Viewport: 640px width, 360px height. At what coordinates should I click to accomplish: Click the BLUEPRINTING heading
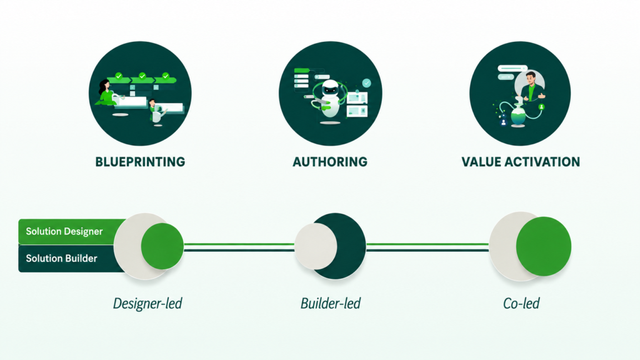tap(140, 162)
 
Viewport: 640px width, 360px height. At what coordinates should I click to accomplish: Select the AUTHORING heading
tap(330, 162)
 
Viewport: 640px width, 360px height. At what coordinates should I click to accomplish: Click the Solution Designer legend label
tap(64, 231)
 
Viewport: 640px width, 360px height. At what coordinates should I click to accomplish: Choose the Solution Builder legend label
tap(62, 258)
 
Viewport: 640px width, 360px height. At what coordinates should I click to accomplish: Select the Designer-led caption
tap(147, 303)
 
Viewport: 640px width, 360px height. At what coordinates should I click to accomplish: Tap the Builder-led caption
tap(331, 303)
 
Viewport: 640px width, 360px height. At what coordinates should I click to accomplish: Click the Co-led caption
tap(521, 303)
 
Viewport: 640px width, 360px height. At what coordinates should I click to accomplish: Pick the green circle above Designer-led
tap(162, 246)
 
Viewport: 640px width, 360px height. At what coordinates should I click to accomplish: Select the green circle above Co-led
tap(544, 246)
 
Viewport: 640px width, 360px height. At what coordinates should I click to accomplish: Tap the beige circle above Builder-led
tap(316, 246)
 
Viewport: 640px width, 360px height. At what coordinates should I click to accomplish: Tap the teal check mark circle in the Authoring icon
tap(366, 83)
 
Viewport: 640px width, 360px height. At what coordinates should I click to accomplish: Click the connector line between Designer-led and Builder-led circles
tap(239, 247)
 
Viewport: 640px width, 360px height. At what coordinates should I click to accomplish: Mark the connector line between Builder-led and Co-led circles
tap(427, 247)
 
